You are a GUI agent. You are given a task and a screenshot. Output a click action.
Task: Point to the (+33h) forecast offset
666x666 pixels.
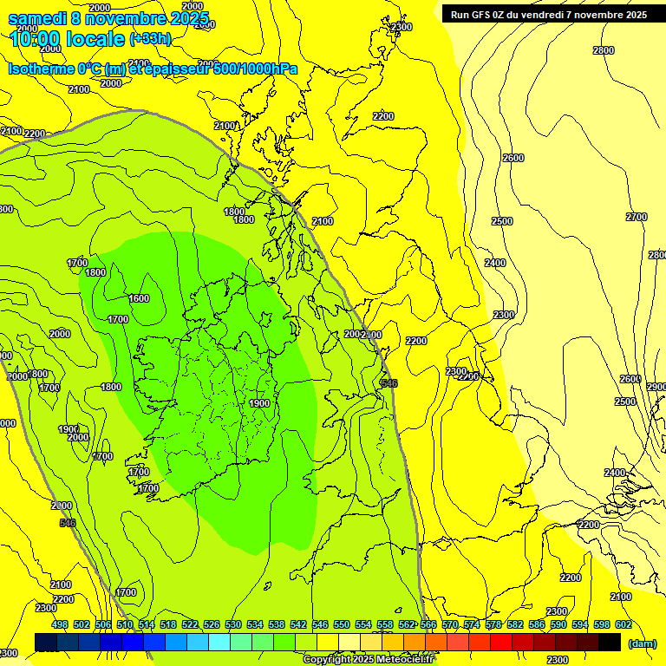pos(150,38)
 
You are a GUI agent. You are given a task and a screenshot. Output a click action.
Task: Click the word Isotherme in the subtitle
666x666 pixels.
pos(40,69)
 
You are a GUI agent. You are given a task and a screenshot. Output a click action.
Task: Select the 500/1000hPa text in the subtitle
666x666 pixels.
pos(251,69)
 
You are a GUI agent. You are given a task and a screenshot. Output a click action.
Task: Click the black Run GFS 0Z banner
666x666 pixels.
pos(548,14)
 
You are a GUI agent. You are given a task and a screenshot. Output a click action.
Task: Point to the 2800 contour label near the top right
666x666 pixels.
pos(604,50)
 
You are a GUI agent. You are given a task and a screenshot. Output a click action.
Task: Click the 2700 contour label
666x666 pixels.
pos(637,217)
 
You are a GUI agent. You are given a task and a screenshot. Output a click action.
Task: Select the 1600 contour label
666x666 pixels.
pos(139,298)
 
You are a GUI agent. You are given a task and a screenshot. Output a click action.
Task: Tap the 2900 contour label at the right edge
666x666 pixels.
pos(656,387)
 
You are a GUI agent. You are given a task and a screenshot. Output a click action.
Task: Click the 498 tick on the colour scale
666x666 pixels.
pos(60,625)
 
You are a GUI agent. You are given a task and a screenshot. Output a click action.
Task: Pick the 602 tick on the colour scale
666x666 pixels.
pos(624,625)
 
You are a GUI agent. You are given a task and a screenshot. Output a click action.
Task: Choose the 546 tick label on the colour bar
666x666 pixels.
pos(320,625)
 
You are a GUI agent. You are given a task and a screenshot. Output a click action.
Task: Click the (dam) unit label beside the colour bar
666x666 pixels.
pos(643,643)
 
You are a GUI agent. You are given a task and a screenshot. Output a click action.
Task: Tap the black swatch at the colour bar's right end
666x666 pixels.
pos(610,642)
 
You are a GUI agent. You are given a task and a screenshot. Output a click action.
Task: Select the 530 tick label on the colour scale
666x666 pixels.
pos(233,625)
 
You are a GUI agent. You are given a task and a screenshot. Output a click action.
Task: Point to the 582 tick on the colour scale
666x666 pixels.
pos(515,625)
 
